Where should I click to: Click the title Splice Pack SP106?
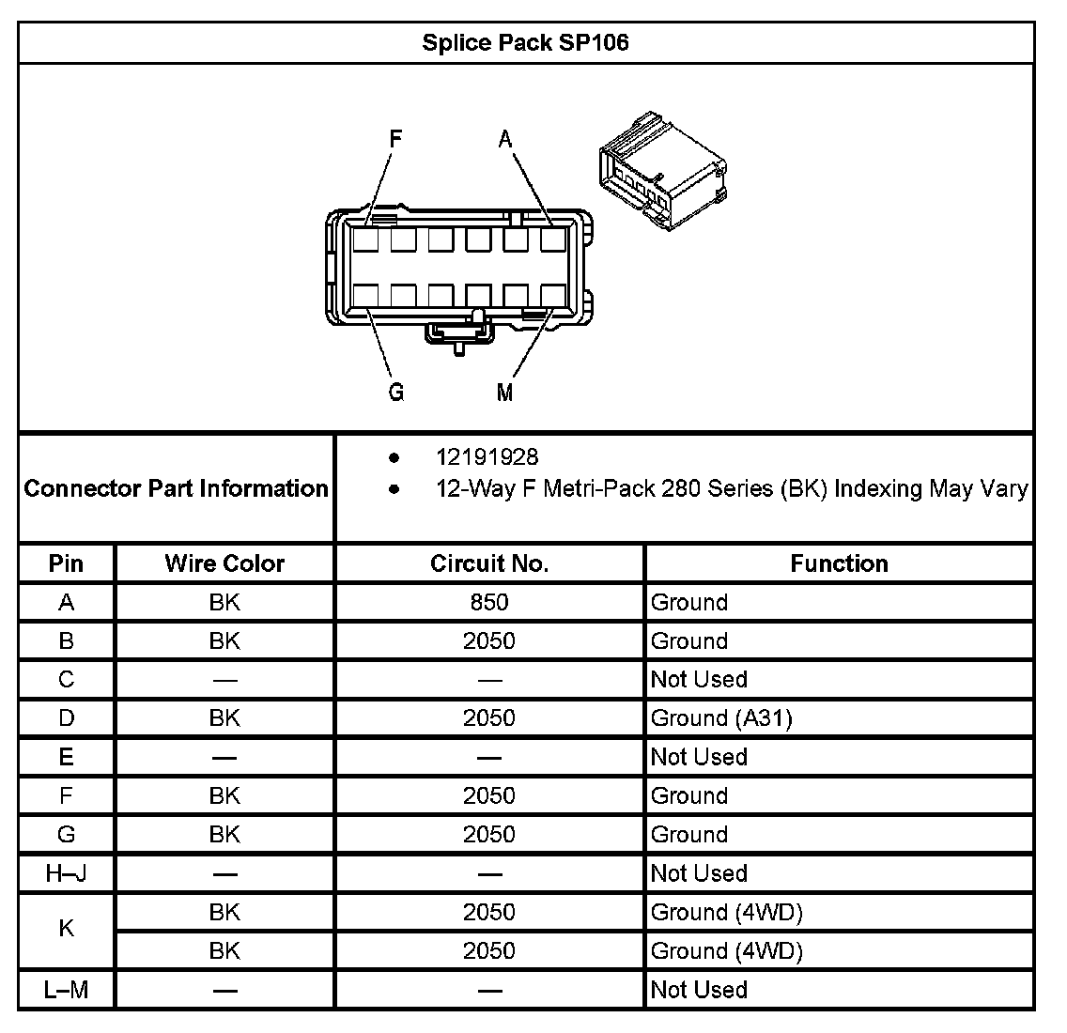[525, 42]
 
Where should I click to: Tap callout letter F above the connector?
[396, 139]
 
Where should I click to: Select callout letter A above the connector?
[505, 140]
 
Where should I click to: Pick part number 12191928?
[487, 457]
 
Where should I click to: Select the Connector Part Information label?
[177, 488]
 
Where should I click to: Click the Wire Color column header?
[224, 563]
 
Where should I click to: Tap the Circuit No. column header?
[489, 563]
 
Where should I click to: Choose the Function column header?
[839, 563]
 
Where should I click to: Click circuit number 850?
[489, 602]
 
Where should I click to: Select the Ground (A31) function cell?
[721, 718]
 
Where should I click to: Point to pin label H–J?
[67, 873]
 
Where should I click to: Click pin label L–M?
[67, 990]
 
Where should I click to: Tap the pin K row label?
[67, 929]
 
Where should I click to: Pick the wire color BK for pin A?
[224, 602]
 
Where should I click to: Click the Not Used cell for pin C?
[699, 679]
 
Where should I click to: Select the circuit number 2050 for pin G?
[489, 835]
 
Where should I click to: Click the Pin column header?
[67, 563]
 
